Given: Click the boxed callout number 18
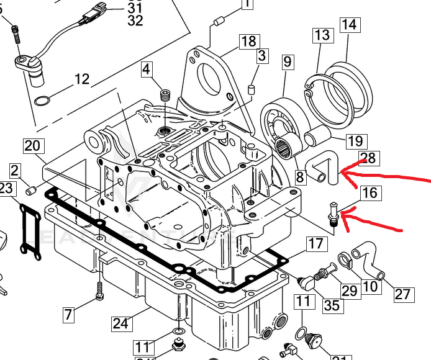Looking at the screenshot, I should pos(248,42).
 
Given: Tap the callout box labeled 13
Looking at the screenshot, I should pos(323,35).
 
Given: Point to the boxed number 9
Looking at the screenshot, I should pos(287,62).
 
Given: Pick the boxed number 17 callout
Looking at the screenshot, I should pos(316,243).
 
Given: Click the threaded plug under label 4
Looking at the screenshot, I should pos(165,96).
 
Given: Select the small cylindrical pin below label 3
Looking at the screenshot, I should pos(252,89).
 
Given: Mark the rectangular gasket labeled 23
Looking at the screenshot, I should pos(28,230).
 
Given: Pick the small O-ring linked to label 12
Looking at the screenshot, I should pos(42,101).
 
